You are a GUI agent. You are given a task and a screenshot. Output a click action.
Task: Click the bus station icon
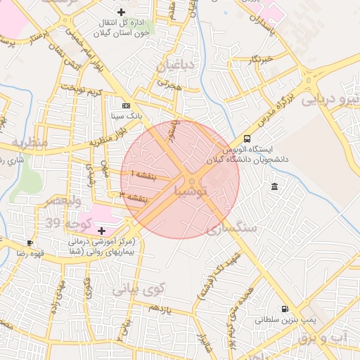[247, 139]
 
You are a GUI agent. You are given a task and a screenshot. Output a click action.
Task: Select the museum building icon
[274, 186]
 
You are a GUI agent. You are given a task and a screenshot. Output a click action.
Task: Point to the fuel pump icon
[284, 308]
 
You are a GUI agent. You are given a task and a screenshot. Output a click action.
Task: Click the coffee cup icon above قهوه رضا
[30, 243]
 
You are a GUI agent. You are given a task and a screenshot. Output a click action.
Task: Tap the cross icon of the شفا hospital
[101, 231]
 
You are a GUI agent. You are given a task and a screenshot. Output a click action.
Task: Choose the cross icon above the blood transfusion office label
[122, 12]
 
